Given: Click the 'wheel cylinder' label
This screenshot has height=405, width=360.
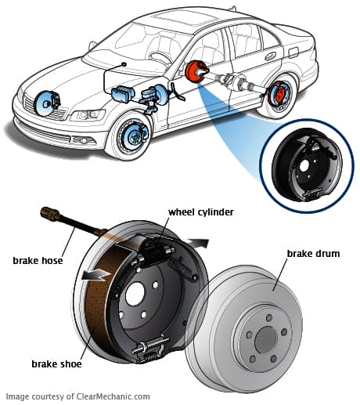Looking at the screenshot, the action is (x=201, y=212).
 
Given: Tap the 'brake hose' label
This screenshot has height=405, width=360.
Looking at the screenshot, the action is (x=38, y=260).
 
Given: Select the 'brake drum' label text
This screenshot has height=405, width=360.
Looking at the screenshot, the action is (x=313, y=254).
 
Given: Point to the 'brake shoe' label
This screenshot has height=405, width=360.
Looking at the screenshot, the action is (x=56, y=363).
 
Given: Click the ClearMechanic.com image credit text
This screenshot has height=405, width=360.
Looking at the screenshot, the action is (x=78, y=396).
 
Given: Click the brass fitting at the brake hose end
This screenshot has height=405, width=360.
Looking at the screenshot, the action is (x=50, y=213).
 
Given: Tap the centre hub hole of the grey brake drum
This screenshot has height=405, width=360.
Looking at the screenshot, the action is (x=265, y=340).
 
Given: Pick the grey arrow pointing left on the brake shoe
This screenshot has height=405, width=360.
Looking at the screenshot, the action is (x=95, y=275).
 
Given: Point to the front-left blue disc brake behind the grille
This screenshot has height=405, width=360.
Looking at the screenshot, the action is (x=47, y=103).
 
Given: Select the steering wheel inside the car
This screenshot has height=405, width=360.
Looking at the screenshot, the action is (x=160, y=58).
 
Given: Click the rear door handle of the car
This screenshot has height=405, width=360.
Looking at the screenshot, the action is (x=270, y=56).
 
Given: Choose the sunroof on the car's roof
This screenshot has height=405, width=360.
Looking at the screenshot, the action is (x=185, y=18).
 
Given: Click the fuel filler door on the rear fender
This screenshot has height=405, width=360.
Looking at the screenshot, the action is (x=293, y=52).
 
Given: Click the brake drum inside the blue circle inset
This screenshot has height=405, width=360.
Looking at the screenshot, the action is (x=306, y=165).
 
